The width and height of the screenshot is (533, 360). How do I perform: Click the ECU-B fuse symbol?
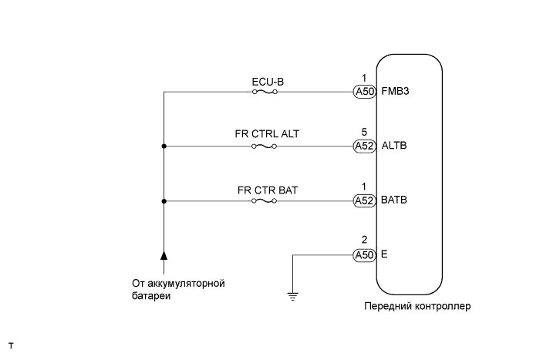tap(265, 92)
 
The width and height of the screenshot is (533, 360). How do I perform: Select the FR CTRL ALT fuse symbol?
tap(265, 146)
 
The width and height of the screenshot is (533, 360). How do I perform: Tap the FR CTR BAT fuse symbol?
tap(265, 200)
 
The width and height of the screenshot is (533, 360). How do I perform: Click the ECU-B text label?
tap(265, 79)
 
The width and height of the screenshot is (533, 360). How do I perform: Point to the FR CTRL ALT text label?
tap(266, 133)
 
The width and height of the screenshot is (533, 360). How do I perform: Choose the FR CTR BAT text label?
tap(265, 188)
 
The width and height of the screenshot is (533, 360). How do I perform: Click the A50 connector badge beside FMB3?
tap(364, 92)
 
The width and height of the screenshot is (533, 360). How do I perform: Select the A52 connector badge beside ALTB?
tap(364, 146)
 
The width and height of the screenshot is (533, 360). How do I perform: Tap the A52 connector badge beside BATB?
tap(364, 200)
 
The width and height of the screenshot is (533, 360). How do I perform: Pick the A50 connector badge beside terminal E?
tap(364, 254)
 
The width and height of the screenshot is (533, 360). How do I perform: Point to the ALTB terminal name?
tap(394, 146)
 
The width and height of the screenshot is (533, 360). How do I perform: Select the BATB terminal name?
tap(394, 200)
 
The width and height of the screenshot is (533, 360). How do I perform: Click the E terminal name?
tap(385, 254)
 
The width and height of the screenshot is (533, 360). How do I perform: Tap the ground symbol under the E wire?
tap(292, 294)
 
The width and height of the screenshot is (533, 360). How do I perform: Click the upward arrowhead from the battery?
tap(164, 254)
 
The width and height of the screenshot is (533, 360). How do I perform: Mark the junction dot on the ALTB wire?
tap(164, 146)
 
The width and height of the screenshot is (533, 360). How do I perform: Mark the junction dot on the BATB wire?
tap(164, 200)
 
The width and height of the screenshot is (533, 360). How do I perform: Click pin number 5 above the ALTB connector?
tap(364, 133)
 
